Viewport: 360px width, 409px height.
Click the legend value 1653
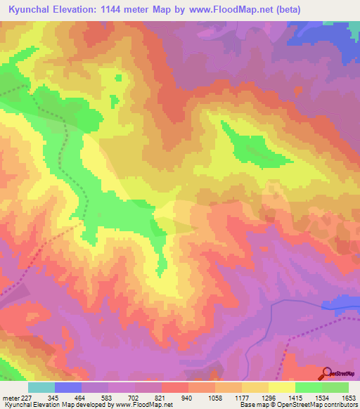coord(349,397)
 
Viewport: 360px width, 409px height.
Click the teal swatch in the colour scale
coord(41,387)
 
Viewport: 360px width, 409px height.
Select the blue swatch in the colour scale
coord(68,387)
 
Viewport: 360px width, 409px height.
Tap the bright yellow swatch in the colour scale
coord(281,387)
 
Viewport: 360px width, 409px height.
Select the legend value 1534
coord(323,397)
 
